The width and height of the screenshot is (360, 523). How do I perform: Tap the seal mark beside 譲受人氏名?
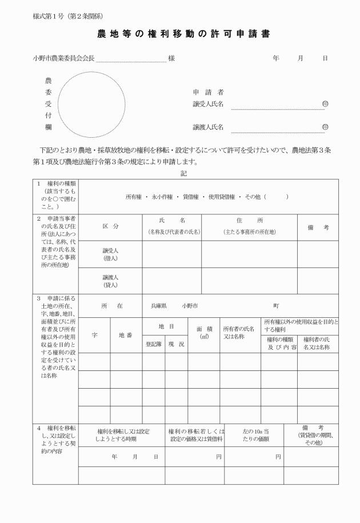325,104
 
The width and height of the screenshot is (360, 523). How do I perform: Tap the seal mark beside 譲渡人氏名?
325,127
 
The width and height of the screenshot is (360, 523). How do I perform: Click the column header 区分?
110,227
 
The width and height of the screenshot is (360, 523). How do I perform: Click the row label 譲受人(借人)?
110,254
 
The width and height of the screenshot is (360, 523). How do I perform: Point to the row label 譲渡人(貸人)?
110,281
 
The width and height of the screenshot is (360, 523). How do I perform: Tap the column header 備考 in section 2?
318,227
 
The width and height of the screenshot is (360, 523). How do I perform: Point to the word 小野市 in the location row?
190,306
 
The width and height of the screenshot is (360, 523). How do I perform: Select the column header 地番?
125,335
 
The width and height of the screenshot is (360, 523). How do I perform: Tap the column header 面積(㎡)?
203,333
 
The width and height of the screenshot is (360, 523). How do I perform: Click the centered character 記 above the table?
183,172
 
